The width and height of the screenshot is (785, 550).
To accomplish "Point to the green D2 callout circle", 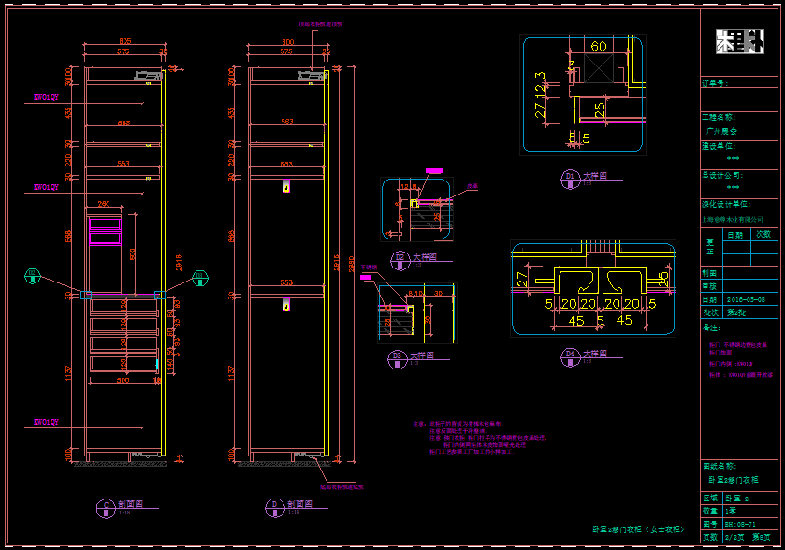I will pyautogui.click(x=33, y=275).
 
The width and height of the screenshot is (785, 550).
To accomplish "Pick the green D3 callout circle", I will pyautogui.click(x=199, y=275).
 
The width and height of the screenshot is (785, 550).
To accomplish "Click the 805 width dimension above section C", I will pyautogui.click(x=124, y=42).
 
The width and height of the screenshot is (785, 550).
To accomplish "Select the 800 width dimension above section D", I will pyautogui.click(x=287, y=42).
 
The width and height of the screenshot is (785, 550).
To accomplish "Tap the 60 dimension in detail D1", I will pyautogui.click(x=599, y=47).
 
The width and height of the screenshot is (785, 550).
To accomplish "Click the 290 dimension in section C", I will pyautogui.click(x=104, y=204).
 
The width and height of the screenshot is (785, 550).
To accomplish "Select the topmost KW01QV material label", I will pyautogui.click(x=46, y=96).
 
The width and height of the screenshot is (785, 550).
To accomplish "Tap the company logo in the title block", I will pyautogui.click(x=739, y=42).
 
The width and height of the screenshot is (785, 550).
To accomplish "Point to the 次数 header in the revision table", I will pyautogui.click(x=763, y=234).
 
